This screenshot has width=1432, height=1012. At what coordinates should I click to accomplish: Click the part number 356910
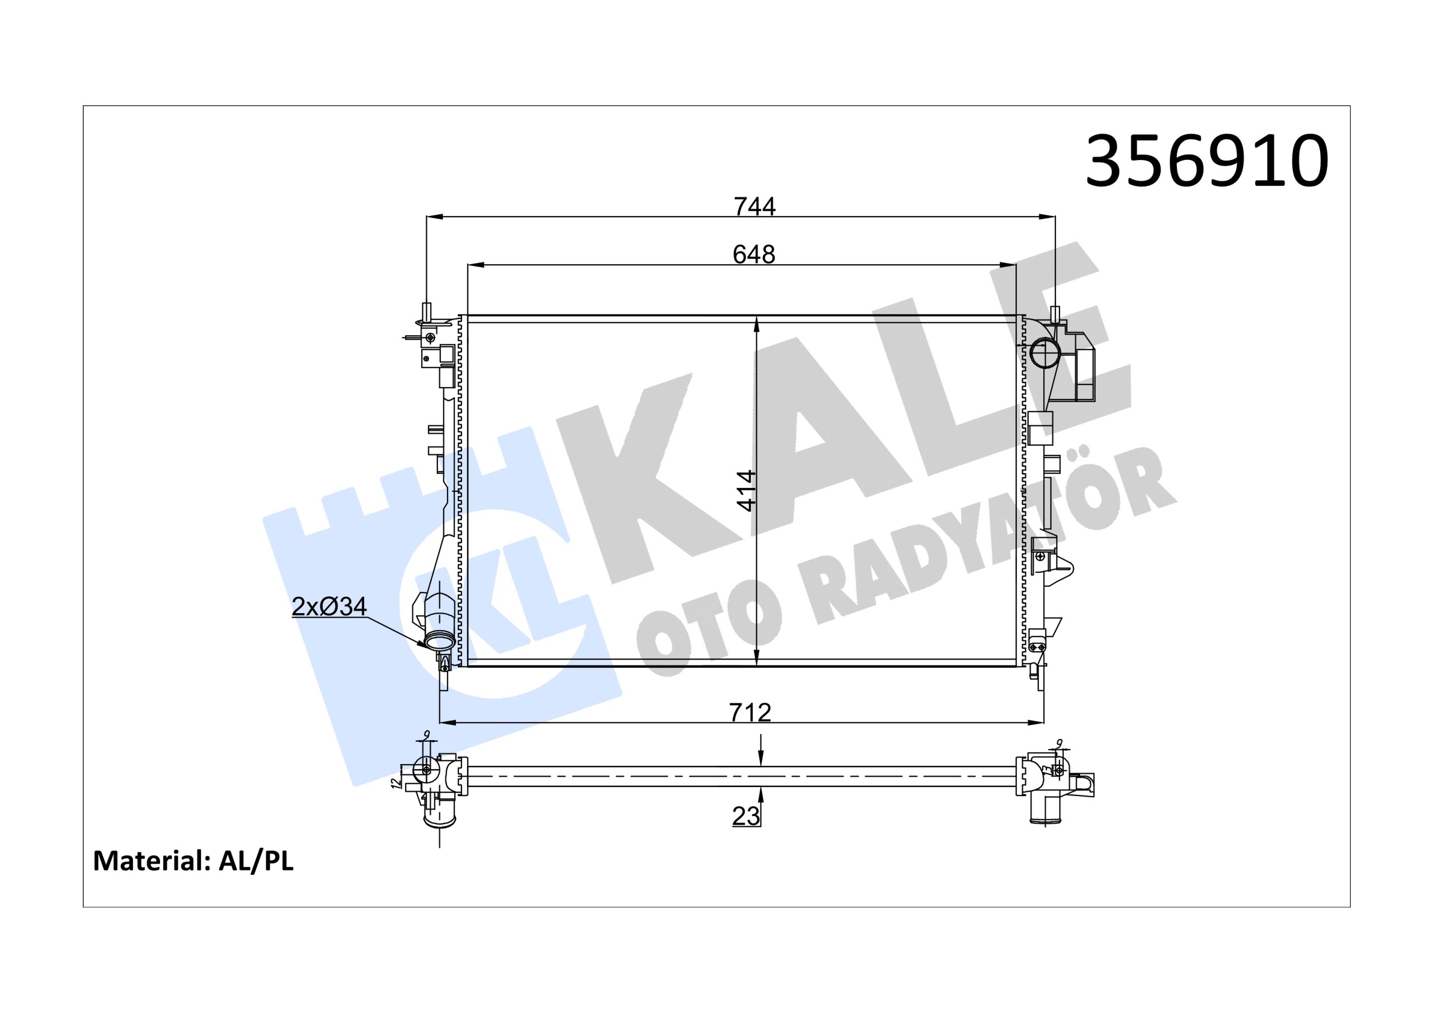(1207, 161)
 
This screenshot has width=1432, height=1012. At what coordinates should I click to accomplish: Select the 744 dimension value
(754, 206)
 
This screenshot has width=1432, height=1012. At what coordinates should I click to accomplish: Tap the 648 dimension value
(753, 254)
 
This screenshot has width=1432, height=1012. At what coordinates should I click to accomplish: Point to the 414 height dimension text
(747, 491)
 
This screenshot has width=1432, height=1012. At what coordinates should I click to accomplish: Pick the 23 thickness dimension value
(746, 816)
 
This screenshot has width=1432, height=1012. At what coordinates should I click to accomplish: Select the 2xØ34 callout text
(329, 606)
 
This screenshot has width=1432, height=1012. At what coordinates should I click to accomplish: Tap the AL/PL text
(256, 862)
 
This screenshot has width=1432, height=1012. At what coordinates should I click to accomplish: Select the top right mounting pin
(1056, 314)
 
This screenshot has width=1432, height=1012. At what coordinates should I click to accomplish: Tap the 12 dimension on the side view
(395, 783)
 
